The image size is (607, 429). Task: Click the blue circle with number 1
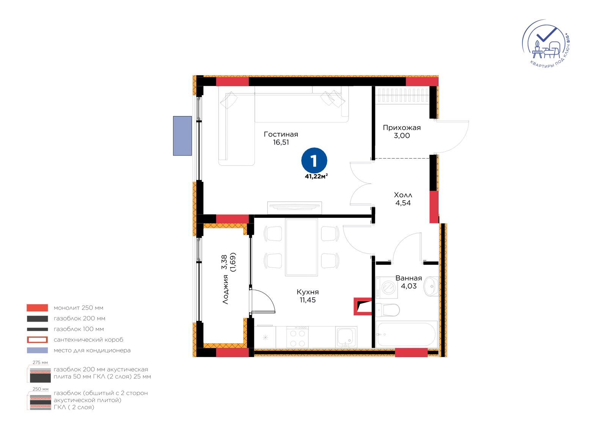coord(314,160)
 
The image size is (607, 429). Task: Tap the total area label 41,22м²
coord(316,176)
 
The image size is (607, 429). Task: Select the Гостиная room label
coord(281,134)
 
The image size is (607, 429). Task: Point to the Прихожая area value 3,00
coord(402,135)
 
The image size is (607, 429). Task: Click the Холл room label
coord(403,195)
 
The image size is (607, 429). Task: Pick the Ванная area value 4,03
coord(409,286)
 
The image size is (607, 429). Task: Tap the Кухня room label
coord(308,292)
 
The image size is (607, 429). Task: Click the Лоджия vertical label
coord(225,289)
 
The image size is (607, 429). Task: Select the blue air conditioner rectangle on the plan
coord(182,136)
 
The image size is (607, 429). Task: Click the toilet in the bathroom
coord(388,310)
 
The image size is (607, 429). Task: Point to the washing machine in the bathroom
coord(387,287)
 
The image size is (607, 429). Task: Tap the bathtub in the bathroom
coord(406,334)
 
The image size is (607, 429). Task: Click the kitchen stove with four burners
coord(297,337)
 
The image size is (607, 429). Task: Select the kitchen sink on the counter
coord(346,337)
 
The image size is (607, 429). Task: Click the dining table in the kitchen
coord(301,247)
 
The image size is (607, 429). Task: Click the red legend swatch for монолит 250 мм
coord(38,308)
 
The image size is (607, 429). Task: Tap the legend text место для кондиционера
coord(92,350)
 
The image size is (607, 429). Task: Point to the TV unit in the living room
coord(294,207)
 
